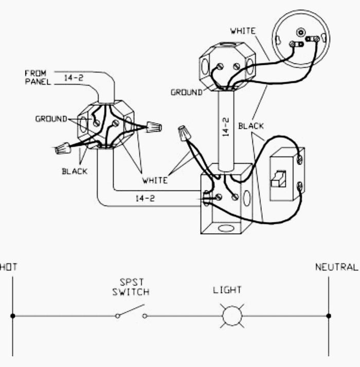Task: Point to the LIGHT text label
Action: (x=227, y=290)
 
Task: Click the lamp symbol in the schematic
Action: (x=231, y=316)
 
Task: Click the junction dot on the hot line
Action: (x=12, y=316)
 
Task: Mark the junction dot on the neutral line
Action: (x=329, y=316)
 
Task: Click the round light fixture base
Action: (x=301, y=41)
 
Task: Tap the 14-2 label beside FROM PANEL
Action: (x=74, y=78)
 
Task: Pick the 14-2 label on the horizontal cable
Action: (x=145, y=198)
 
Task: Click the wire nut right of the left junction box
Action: (x=153, y=126)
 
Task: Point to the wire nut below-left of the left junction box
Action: (x=62, y=149)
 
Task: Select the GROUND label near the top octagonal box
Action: (x=187, y=93)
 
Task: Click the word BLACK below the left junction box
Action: (x=75, y=171)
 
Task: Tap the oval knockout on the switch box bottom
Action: (x=225, y=226)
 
